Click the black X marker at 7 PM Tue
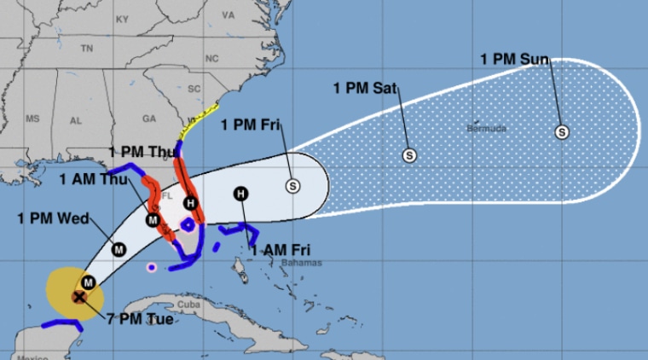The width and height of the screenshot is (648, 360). coord(79,297)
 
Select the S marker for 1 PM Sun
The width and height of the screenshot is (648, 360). coord(561,131)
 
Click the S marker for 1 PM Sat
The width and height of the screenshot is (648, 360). coord(409,155)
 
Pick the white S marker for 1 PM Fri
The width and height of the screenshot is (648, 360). coord(293,184)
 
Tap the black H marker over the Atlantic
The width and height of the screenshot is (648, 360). coord(241,194)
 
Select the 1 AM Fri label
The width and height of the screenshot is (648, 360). coord(281,250)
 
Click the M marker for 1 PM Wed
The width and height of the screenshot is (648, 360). coord(119,249)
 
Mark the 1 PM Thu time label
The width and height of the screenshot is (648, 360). coord(142,151)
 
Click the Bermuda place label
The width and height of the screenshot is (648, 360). coord(487,129)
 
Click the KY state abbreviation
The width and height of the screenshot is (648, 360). coord(122,18)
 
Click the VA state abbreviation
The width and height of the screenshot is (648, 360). coord(228,15)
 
